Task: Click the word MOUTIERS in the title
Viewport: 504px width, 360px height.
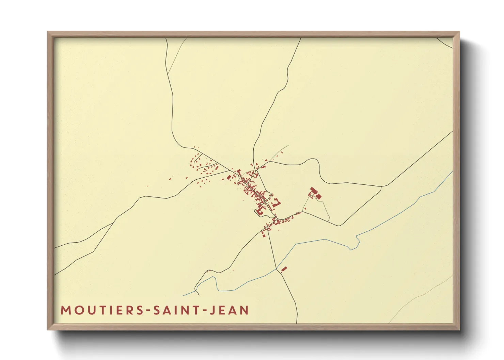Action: (x=102, y=310)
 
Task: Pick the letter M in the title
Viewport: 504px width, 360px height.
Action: (x=66, y=310)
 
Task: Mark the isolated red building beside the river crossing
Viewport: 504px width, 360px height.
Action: (x=284, y=269)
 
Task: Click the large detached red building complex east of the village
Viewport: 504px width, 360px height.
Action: (x=315, y=193)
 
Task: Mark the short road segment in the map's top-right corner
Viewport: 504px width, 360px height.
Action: (x=444, y=43)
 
